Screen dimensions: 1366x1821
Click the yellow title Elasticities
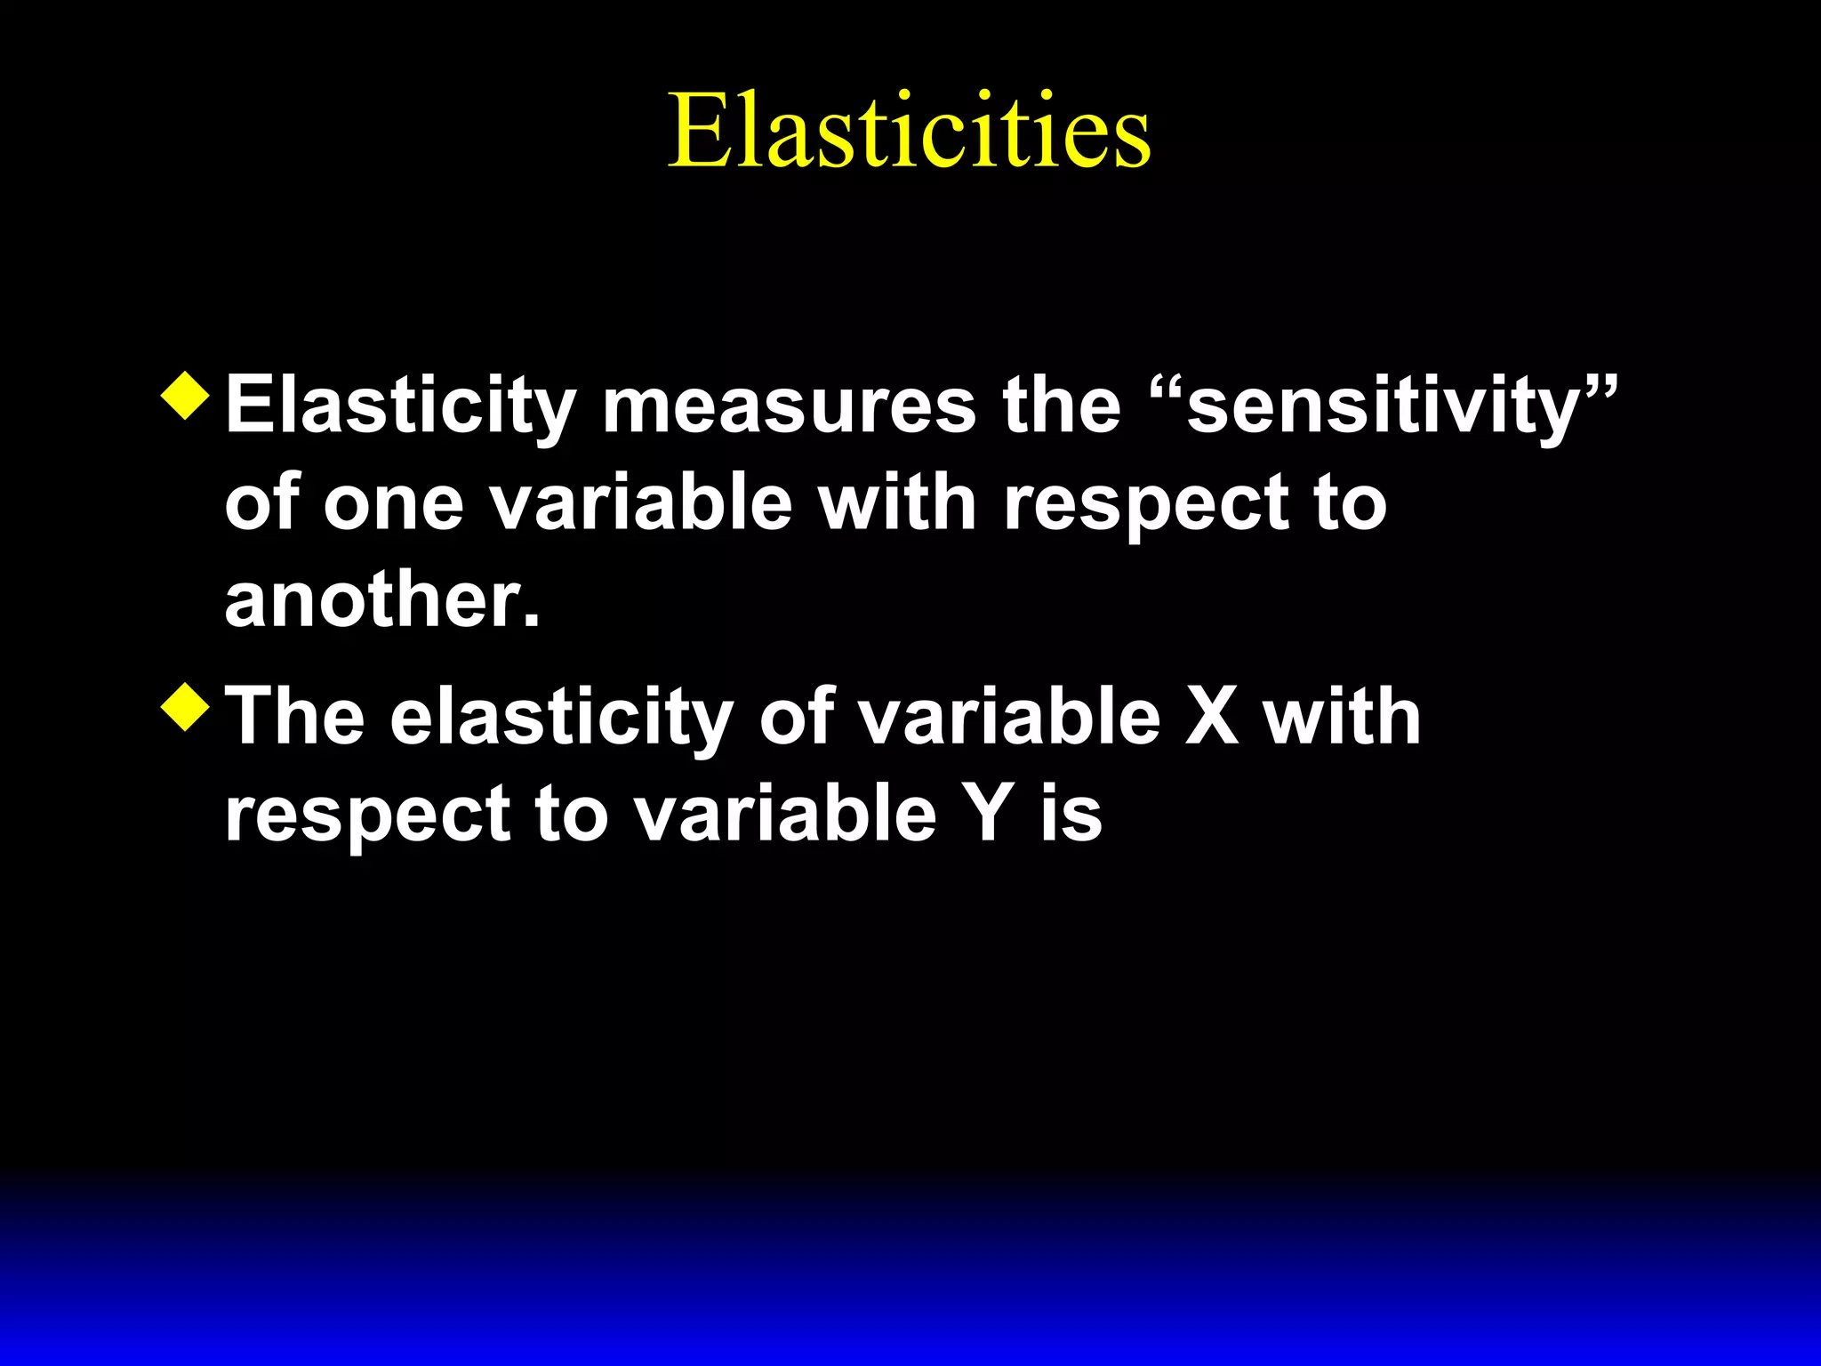click(909, 132)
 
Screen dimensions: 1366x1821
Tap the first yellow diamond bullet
click(186, 395)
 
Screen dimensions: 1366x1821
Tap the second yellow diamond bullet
click(186, 707)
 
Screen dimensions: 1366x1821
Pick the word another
click(382, 600)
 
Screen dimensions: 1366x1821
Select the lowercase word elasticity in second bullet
click(561, 719)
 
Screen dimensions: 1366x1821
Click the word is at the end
click(1071, 815)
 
